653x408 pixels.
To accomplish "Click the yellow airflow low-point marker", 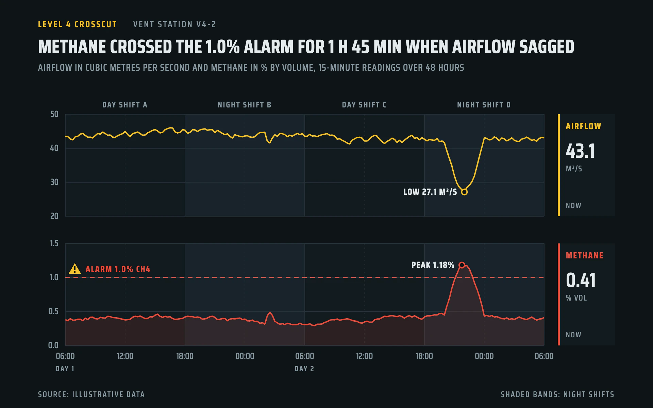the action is [464, 192].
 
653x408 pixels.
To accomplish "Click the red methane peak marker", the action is [462, 265].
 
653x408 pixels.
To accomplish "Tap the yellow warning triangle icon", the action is [75, 269].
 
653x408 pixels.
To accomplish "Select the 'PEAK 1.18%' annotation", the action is [433, 265].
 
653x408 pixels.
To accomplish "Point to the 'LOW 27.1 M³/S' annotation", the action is [430, 192].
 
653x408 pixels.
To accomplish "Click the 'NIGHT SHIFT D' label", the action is [484, 105].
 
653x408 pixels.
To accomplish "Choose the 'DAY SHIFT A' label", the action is [125, 105].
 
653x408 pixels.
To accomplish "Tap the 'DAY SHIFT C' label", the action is [364, 105].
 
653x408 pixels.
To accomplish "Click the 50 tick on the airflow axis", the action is [54, 114].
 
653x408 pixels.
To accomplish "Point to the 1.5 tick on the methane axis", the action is [54, 243].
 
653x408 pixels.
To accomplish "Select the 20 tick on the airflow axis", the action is [54, 216].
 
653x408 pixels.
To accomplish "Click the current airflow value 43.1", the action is [581, 151].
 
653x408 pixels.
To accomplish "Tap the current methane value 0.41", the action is [581, 280].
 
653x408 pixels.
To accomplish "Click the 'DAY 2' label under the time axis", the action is [304, 369].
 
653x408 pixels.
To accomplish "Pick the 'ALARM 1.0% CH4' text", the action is [118, 269].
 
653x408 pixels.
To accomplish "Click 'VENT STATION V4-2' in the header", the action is [174, 24].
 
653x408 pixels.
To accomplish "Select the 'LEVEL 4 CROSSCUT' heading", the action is [78, 24].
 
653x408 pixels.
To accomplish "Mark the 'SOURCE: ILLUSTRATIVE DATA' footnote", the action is [91, 394].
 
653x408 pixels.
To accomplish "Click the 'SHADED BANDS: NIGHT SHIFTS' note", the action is [557, 394].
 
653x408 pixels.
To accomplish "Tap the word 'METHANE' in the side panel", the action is [585, 256].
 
